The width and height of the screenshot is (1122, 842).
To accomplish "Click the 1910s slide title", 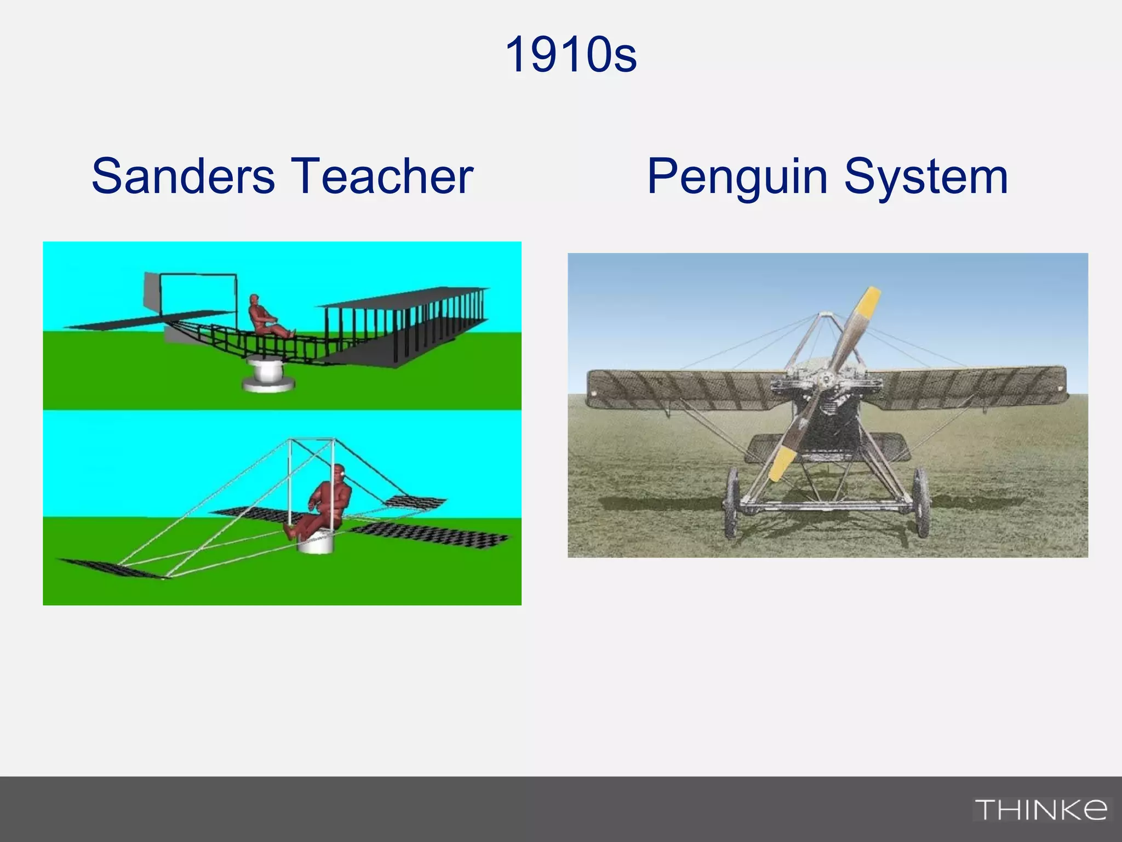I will click(x=570, y=55).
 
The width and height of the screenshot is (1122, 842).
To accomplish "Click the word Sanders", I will click(x=183, y=176).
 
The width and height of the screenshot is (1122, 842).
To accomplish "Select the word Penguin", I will click(x=737, y=177).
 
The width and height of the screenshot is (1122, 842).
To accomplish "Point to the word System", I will click(x=926, y=177).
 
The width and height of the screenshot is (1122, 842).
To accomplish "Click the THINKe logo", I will click(x=1040, y=810).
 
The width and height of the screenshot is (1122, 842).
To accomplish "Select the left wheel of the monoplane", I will click(x=733, y=503).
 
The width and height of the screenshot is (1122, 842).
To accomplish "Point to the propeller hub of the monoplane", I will click(x=826, y=378).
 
